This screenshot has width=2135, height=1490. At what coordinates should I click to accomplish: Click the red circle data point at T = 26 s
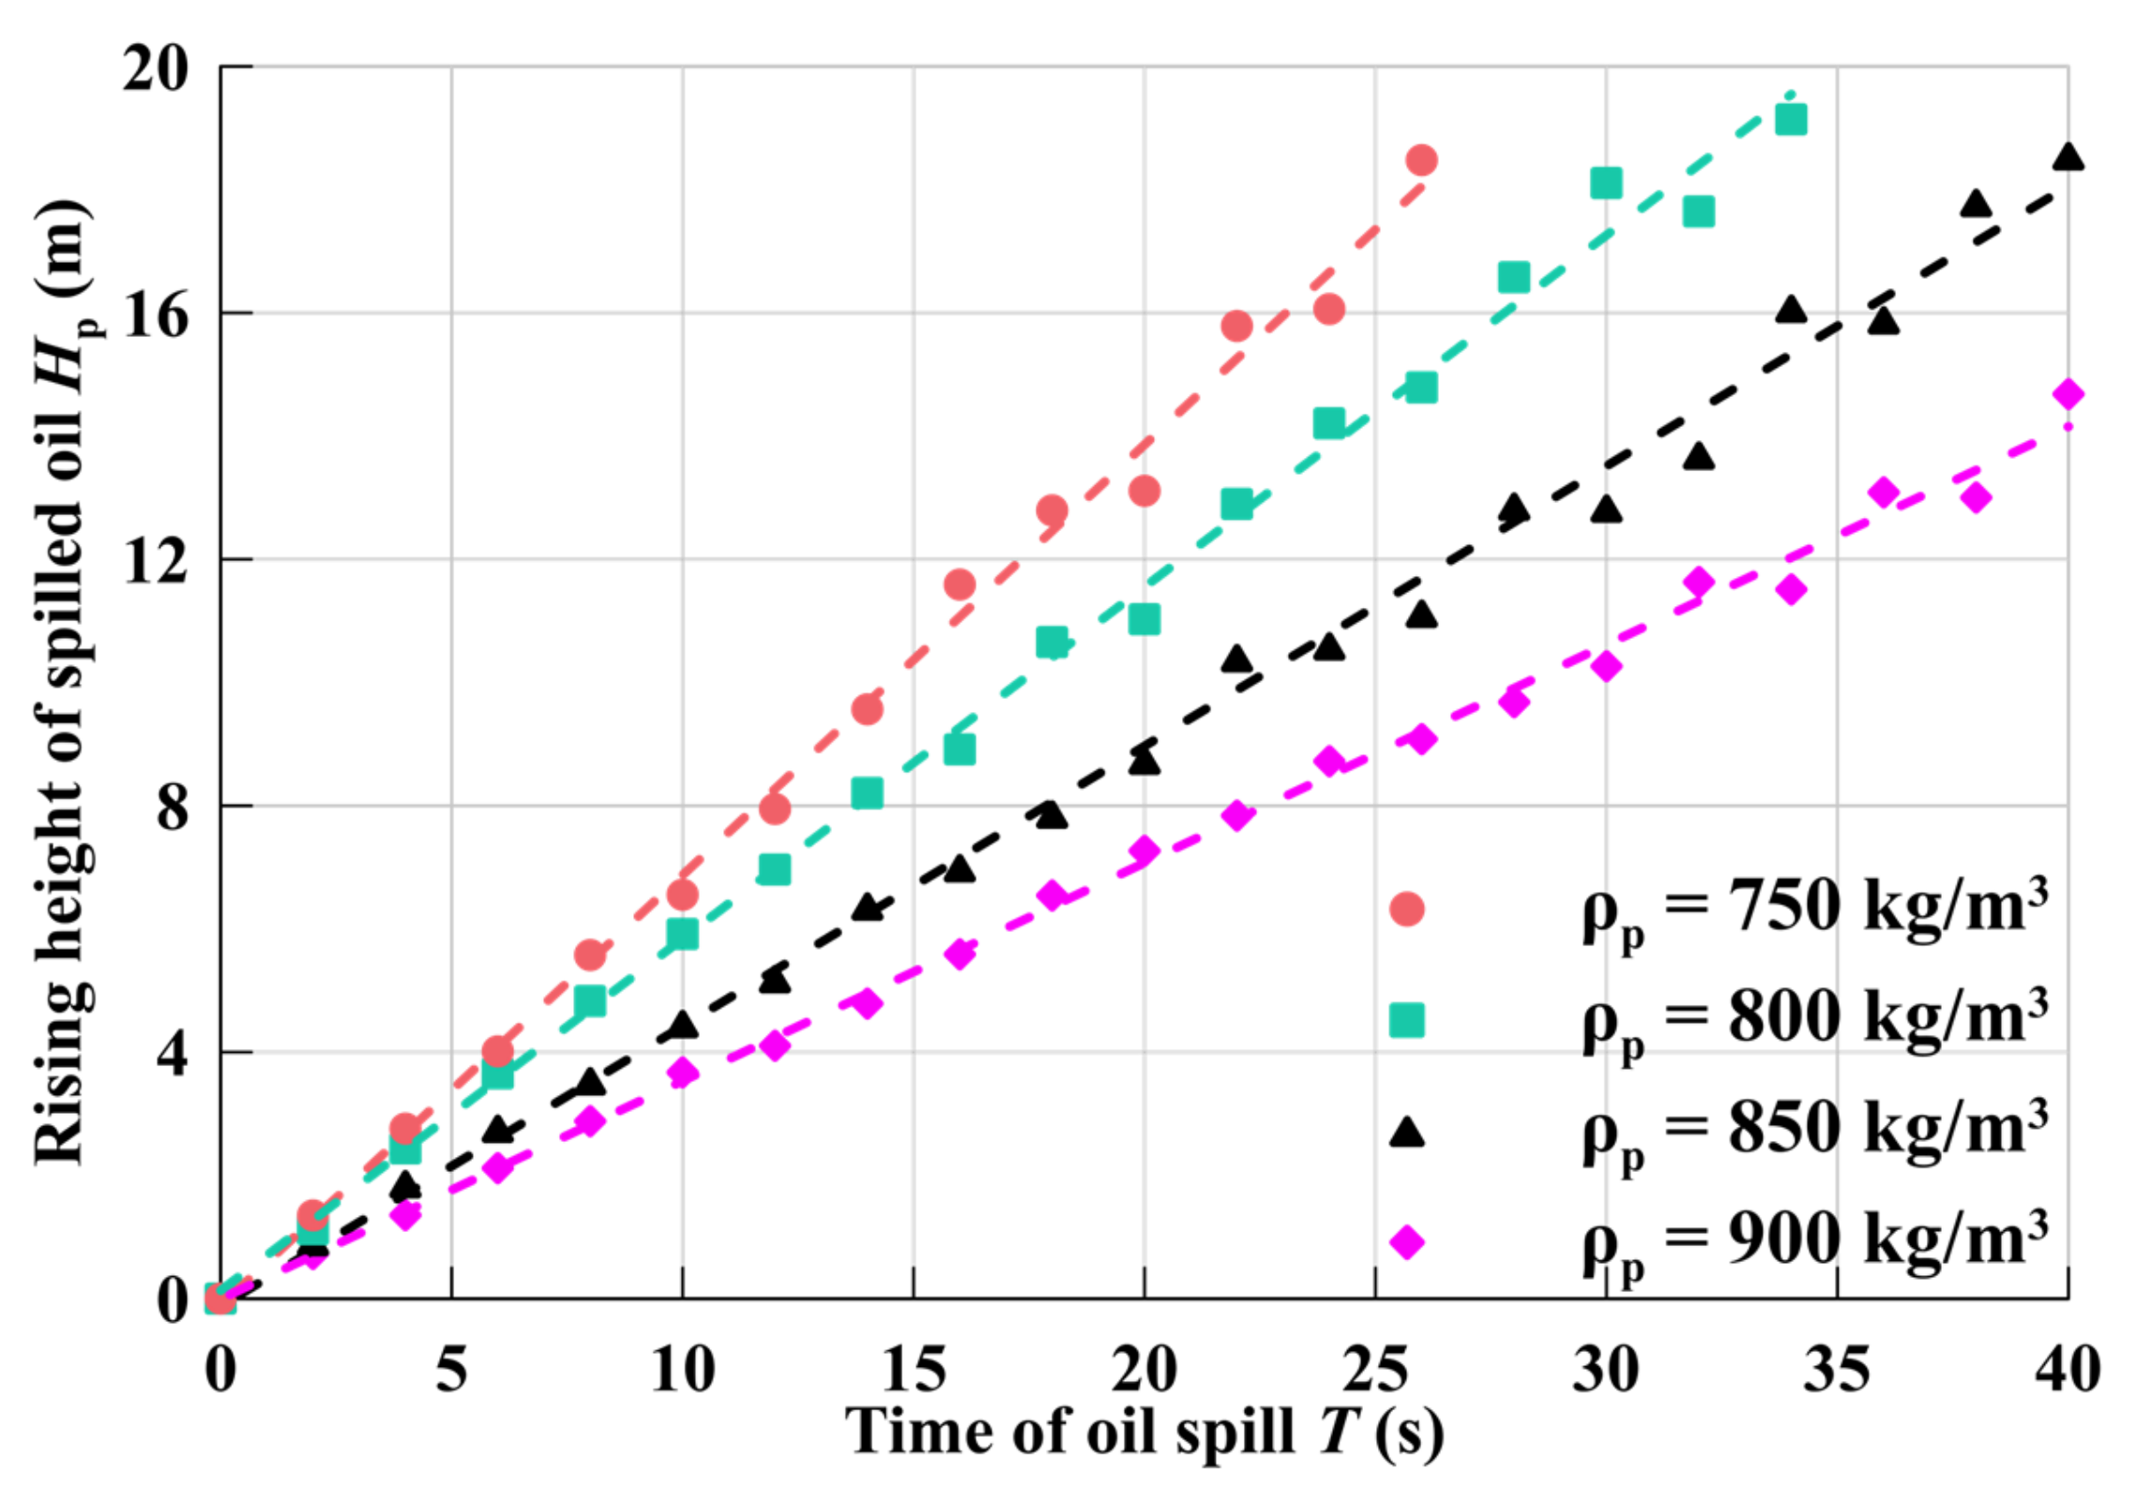click(1421, 160)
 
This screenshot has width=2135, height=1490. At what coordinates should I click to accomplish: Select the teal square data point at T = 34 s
click(1791, 120)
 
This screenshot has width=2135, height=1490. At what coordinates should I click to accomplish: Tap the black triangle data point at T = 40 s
click(2067, 158)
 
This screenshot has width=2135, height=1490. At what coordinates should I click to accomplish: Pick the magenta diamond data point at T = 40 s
click(2067, 394)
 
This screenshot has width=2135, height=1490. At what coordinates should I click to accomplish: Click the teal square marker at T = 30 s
click(1606, 183)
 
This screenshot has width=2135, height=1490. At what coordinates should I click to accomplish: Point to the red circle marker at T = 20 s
click(1144, 491)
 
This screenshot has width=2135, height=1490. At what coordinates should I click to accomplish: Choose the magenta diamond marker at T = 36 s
click(1884, 493)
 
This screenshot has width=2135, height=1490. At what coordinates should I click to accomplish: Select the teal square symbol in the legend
click(1406, 1020)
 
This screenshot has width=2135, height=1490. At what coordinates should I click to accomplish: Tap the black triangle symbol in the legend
click(1406, 1133)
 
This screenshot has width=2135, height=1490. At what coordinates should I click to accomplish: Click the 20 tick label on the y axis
click(156, 68)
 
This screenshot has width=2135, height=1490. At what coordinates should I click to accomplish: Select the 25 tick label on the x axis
click(1374, 1370)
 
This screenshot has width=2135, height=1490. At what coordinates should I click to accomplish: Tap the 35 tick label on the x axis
click(1836, 1370)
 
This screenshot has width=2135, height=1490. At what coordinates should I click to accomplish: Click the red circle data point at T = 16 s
click(959, 585)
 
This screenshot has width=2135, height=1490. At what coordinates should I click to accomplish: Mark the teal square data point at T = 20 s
click(1144, 619)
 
